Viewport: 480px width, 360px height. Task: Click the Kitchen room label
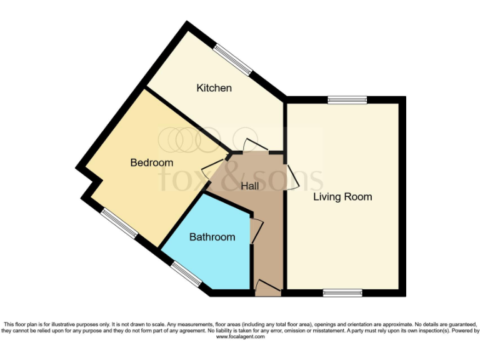[x=214, y=88]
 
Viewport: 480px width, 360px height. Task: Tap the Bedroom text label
[x=151, y=162]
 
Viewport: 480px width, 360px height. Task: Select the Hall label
[x=251, y=186]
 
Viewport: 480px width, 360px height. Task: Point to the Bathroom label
[x=212, y=237]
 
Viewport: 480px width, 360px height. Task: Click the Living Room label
[x=342, y=197]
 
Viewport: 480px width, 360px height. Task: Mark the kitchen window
[x=232, y=59]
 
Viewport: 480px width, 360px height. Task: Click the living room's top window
[x=347, y=99]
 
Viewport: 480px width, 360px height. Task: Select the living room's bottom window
[x=342, y=292]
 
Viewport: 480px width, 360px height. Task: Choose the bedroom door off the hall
[x=211, y=167]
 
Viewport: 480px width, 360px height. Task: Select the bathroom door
[x=256, y=230]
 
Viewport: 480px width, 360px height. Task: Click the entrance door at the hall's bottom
[x=268, y=287]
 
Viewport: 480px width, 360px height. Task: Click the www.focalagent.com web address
[x=241, y=337]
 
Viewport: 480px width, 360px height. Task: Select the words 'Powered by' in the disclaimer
[x=462, y=331]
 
